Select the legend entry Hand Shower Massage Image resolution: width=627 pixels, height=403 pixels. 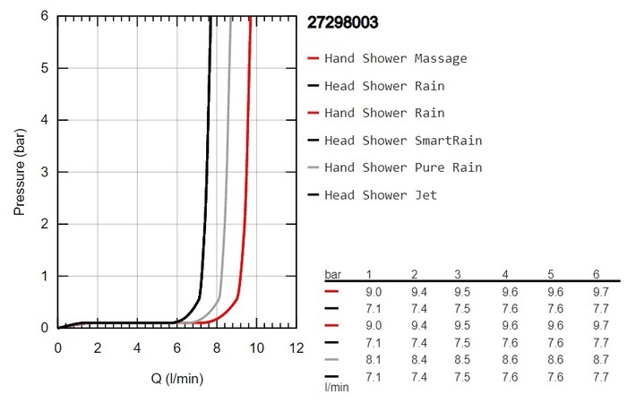[395, 59]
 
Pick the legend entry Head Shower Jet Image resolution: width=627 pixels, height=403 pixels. [381, 194]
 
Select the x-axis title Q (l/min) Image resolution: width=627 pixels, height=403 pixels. [176, 379]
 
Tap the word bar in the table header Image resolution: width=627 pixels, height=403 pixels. [332, 273]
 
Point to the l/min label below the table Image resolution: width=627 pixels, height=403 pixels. [337, 387]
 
